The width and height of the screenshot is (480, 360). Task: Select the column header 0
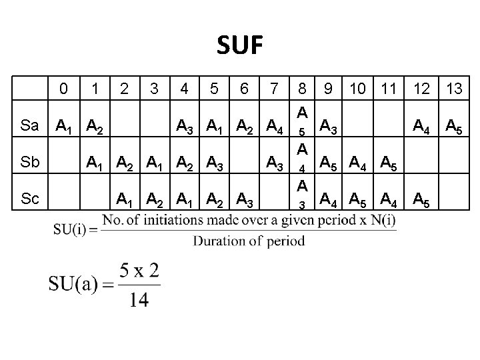[63, 88]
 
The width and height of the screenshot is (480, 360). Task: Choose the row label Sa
[29, 125]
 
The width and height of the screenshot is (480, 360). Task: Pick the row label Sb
[29, 162]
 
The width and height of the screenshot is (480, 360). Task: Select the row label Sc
[29, 199]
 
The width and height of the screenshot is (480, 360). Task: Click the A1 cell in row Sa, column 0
[64, 125]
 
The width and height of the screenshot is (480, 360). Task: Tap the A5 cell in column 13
[455, 125]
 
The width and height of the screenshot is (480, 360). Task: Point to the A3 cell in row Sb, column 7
[275, 162]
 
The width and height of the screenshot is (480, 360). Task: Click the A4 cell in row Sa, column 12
[422, 125]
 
